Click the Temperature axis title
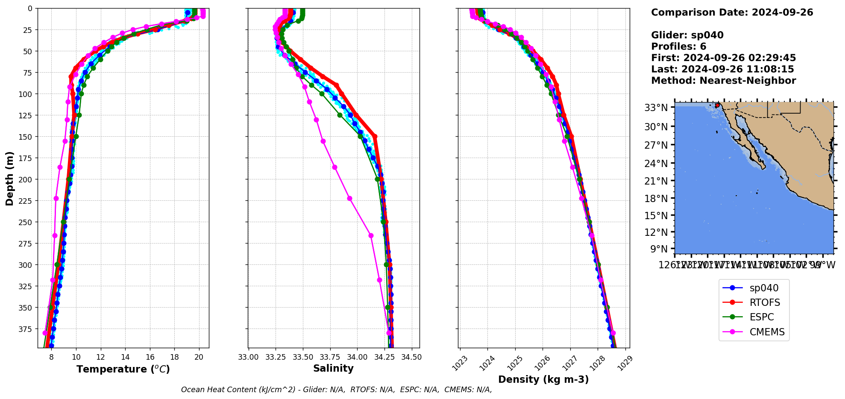[123, 369]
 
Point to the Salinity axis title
[333, 369]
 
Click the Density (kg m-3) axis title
[543, 379]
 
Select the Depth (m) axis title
[9, 178]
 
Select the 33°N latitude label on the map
[656, 108]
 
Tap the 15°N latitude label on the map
[656, 216]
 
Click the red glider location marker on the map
[717, 105]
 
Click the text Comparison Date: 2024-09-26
[732, 12]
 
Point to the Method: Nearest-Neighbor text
[723, 81]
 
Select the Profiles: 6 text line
[678, 47]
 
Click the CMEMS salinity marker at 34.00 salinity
[371, 235]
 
